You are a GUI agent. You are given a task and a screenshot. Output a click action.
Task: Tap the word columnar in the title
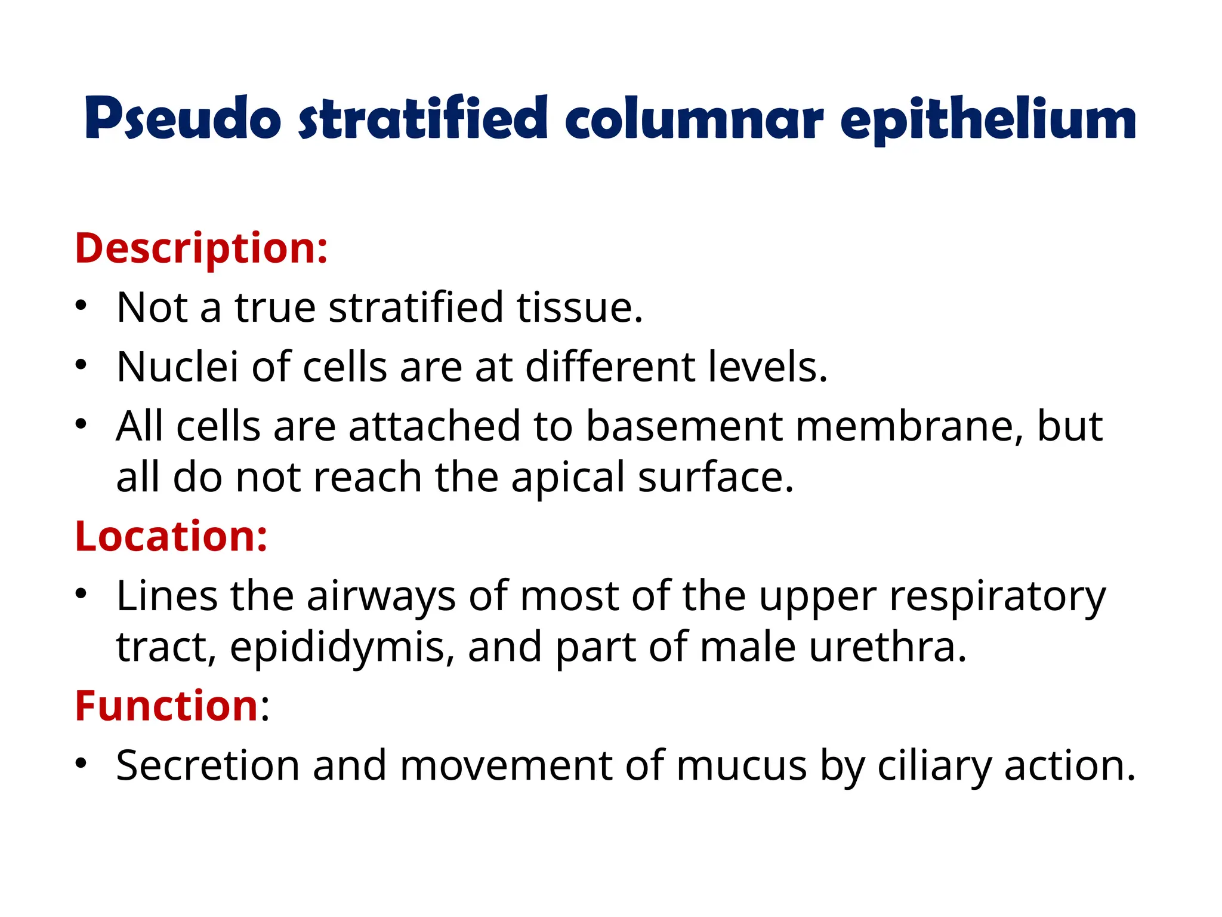point(695,119)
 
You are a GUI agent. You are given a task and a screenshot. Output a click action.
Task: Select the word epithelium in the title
point(988,119)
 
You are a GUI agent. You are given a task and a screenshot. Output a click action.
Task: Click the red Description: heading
point(201,248)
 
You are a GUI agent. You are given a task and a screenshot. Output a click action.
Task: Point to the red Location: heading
point(171,536)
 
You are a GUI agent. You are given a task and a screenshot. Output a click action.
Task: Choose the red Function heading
point(166,706)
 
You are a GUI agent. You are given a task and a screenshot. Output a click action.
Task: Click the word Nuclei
point(177,367)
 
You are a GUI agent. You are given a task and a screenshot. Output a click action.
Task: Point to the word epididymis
point(338,648)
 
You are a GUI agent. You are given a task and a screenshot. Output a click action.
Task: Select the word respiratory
point(997,596)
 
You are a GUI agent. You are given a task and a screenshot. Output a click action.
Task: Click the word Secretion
point(208,765)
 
